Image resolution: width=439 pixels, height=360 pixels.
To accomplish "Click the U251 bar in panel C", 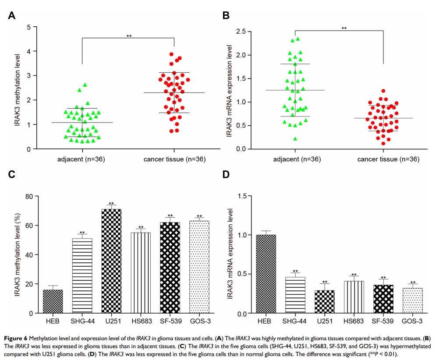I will point(111,261).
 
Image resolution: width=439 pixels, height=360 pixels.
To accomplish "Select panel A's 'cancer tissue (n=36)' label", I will point(174,158).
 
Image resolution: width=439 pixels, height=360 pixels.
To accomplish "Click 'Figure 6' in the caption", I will point(19,337).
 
